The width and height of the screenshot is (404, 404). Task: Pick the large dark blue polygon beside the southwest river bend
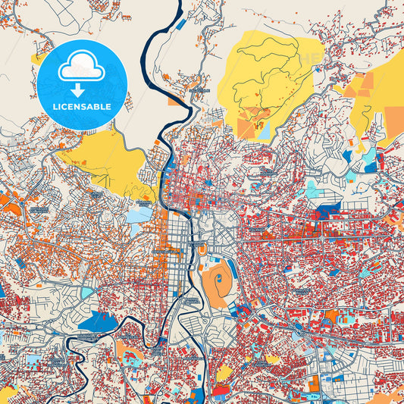coord(98,321)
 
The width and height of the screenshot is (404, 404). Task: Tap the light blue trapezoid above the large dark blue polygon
coord(88,292)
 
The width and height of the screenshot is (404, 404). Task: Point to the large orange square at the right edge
coord(393,118)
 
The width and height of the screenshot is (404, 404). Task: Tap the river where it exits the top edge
coord(180,3)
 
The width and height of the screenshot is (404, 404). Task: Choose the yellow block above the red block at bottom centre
coord(224,373)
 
